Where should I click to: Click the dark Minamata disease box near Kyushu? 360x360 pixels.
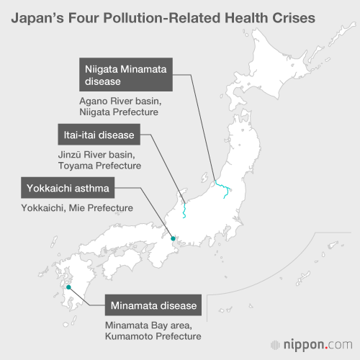click(153, 306)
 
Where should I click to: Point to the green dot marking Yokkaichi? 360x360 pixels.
click(173, 238)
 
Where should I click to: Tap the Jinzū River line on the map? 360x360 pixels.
click(184, 209)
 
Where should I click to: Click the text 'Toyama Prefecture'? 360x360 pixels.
click(99, 166)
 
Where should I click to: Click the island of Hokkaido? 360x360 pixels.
click(288, 79)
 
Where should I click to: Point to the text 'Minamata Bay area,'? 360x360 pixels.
click(150, 324)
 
